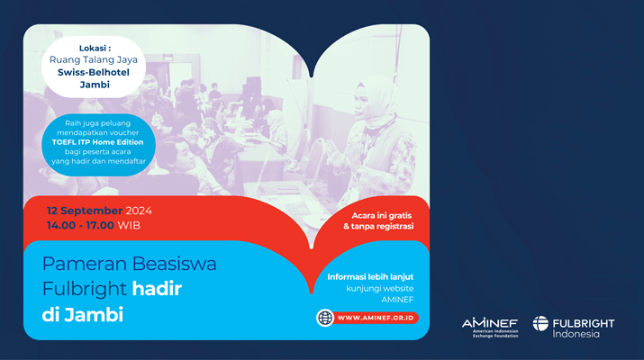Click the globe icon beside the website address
coord(325,318)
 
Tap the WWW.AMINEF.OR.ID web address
coord(376,318)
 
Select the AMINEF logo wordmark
coord(490,323)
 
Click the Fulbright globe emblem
coord(540,323)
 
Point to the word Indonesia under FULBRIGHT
coord(576,334)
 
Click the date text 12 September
coord(84,211)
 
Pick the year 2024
coord(139,211)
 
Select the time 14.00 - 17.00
coord(80,225)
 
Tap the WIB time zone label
coord(129,225)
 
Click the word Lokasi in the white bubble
coord(93,49)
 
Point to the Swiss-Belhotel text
coord(94,72)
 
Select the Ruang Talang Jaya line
coord(94,60)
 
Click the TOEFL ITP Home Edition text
coord(98,142)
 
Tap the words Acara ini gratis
coord(382,215)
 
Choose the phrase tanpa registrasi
coord(382,226)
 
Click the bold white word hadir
coord(157,289)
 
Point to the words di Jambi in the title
coord(83,315)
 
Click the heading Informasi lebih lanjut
coord(370,277)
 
